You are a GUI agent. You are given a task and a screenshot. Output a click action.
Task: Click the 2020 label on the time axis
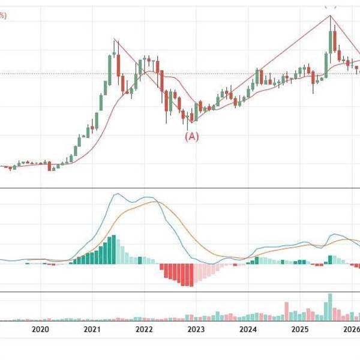pos(40,329)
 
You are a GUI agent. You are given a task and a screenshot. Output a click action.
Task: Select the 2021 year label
pos(92,329)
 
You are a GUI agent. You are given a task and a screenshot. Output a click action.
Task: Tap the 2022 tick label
pos(144,329)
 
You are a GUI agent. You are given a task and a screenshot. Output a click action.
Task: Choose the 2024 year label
pos(248,329)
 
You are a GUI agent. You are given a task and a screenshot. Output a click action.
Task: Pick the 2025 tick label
pos(300,329)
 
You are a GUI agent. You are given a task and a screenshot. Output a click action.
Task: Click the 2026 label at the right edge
pos(351,329)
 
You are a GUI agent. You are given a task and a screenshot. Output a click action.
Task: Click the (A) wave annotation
pos(191,136)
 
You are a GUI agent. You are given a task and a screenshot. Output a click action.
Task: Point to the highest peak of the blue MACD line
pos(118,194)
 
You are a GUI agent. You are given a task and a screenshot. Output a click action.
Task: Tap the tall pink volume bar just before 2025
pos(287,311)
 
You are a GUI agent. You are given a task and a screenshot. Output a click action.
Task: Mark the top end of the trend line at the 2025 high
pos(331,15)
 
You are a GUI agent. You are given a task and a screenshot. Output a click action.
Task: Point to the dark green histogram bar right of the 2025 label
pos(330,259)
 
